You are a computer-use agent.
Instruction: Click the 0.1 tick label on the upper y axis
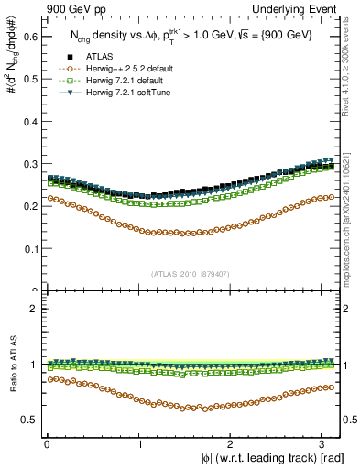(30, 248)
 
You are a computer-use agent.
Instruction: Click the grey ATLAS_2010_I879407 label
(191, 273)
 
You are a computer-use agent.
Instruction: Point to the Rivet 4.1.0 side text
(352, 69)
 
